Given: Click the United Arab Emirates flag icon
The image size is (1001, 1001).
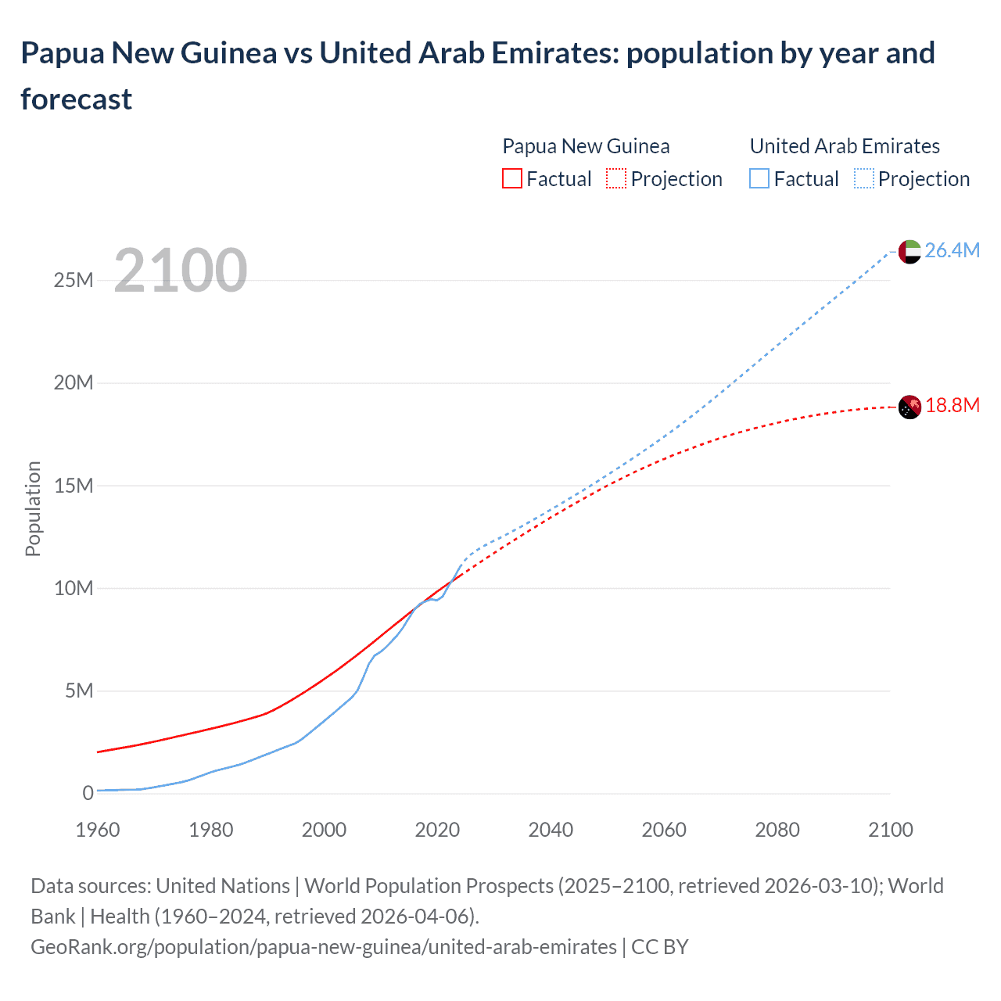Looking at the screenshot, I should (x=909, y=251).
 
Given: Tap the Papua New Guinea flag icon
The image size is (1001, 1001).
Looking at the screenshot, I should (x=909, y=407).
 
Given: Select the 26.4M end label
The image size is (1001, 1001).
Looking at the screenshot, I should (x=952, y=250).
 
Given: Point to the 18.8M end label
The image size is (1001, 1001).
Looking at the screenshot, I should (x=952, y=405).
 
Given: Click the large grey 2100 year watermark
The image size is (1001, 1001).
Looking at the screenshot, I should (x=181, y=271).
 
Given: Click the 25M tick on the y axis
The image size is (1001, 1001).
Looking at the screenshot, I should (x=74, y=280).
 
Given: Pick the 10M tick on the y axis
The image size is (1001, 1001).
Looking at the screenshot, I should (x=74, y=588).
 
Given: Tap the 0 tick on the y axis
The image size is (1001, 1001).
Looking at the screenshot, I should (x=88, y=793).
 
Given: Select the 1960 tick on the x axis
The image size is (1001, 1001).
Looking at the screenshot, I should (x=98, y=830).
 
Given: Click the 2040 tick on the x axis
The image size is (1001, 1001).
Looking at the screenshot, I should (x=551, y=830).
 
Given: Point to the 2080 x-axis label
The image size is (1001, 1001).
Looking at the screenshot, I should (x=777, y=830).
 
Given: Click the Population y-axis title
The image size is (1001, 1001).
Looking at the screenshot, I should (x=33, y=508).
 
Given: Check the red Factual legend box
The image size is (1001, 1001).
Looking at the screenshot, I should (x=512, y=179).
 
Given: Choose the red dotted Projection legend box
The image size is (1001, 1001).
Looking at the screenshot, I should (x=616, y=179).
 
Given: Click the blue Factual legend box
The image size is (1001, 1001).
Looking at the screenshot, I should (x=759, y=179).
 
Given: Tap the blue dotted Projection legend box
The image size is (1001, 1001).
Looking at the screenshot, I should (x=863, y=179).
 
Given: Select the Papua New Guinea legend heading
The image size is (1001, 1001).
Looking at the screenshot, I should (x=586, y=146).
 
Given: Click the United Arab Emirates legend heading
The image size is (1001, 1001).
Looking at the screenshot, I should (x=845, y=146).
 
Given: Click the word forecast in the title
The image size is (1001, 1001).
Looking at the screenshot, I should (x=77, y=99).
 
